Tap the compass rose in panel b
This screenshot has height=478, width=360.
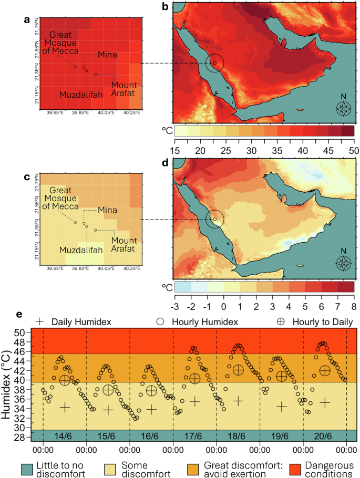click(x=344, y=109)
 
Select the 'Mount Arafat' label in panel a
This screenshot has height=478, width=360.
click(x=124, y=89)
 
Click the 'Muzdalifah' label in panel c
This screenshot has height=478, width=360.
click(x=81, y=251)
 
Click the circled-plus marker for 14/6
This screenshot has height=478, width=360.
click(x=65, y=380)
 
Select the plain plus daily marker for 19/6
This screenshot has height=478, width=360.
click(x=281, y=407)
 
